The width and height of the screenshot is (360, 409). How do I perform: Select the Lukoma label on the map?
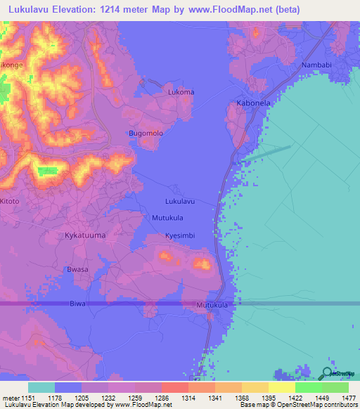181,92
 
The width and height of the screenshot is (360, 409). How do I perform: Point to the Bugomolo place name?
146,134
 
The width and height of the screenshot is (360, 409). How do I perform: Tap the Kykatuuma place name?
85,235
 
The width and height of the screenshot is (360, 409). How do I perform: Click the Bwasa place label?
77,270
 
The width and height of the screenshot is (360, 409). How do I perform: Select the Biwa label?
78,304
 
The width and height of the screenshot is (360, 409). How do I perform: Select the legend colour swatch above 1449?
308,387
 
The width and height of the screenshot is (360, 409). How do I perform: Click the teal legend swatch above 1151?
41,387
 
